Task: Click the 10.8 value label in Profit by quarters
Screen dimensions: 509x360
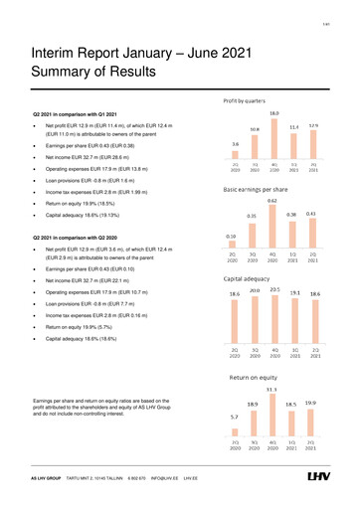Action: [x=254, y=129]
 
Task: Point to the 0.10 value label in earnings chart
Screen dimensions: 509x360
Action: [x=233, y=237]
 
